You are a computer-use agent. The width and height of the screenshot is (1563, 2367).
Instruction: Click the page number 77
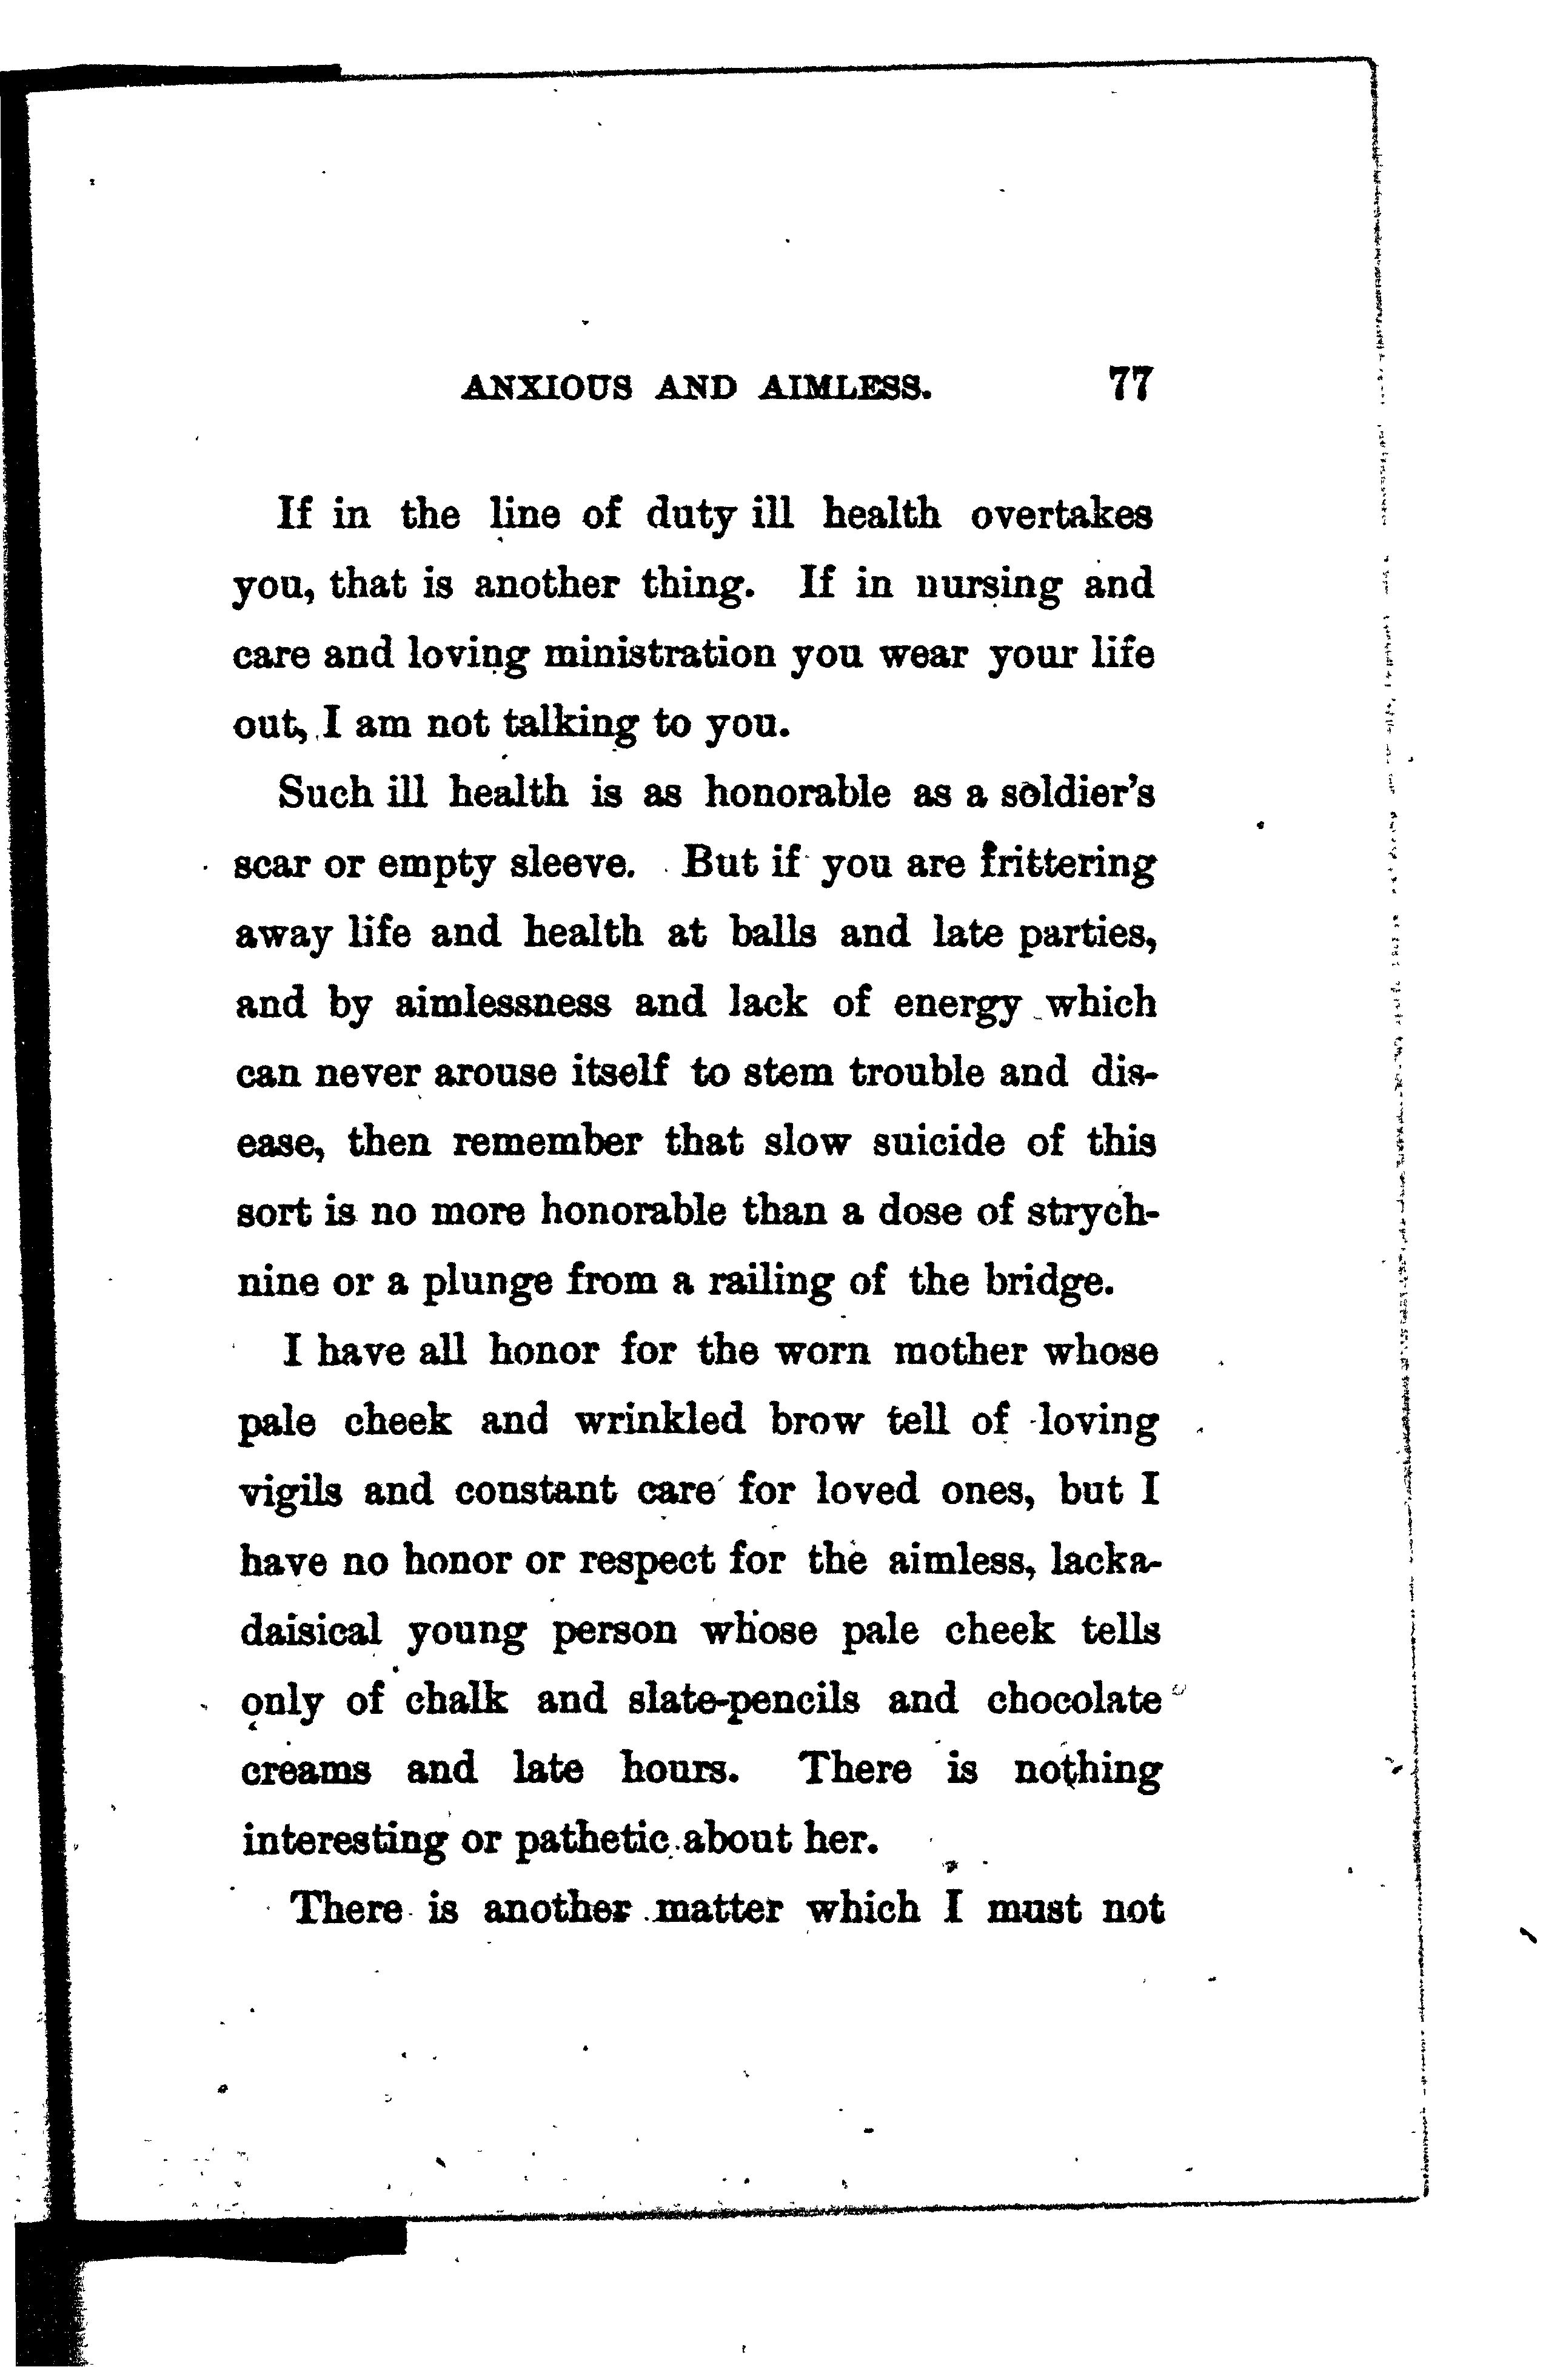click(1130, 385)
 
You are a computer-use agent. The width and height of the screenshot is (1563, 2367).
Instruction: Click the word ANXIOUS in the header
click(546, 388)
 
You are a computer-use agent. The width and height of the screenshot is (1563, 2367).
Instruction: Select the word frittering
click(1066, 864)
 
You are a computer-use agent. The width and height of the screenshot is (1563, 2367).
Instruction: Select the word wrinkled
click(660, 1422)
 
